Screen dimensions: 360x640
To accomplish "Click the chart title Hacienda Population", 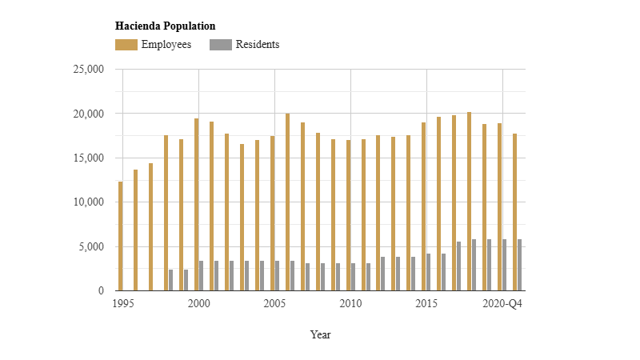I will pos(165,26).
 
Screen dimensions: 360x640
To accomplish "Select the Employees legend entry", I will pos(154,45).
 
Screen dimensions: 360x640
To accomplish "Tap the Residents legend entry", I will pos(245,45).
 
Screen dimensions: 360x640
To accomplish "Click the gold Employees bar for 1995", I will pos(121,236).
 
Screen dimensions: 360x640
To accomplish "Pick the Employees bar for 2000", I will pos(197,205).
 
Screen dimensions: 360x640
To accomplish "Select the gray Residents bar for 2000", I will pos(202,276).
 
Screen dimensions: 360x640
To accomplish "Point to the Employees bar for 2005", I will pos(273,214).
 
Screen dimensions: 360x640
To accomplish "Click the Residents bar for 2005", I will pos(278,276).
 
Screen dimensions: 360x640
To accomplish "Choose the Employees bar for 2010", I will pos(349,215).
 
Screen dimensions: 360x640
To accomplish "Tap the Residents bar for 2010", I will pos(354,277).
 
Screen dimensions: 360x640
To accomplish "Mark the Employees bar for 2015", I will pos(424,206).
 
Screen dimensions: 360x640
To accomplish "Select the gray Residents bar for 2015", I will pos(429,272).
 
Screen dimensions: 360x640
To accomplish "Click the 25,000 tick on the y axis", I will pos(89,70).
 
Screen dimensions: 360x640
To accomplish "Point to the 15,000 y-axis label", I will pos(89,158).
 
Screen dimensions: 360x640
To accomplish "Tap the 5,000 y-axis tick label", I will pos(91,247).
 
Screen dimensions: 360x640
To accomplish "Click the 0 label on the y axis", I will pos(102,291).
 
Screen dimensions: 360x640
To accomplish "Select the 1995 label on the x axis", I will pos(122,304).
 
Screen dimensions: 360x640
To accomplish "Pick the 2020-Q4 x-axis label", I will pos(502,304).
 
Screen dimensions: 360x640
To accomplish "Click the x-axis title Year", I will pos(320,335).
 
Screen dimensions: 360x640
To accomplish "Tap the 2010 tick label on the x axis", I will pos(350,304).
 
